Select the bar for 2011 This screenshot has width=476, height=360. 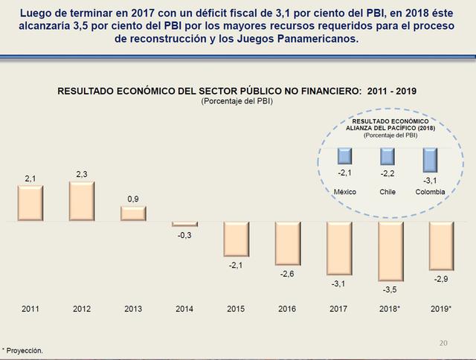coord(30,203)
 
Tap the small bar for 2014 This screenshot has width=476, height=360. coord(184,224)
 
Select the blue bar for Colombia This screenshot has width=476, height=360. coord(430,160)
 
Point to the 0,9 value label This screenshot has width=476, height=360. coord(132,198)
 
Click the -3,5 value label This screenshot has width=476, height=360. coord(390,288)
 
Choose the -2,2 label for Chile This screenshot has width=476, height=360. coord(387,173)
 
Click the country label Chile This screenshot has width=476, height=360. coord(387,191)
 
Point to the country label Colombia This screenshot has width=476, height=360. coord(431,191)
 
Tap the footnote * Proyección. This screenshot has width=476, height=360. coord(23,349)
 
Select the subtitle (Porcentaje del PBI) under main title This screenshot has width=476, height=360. coord(237,100)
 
